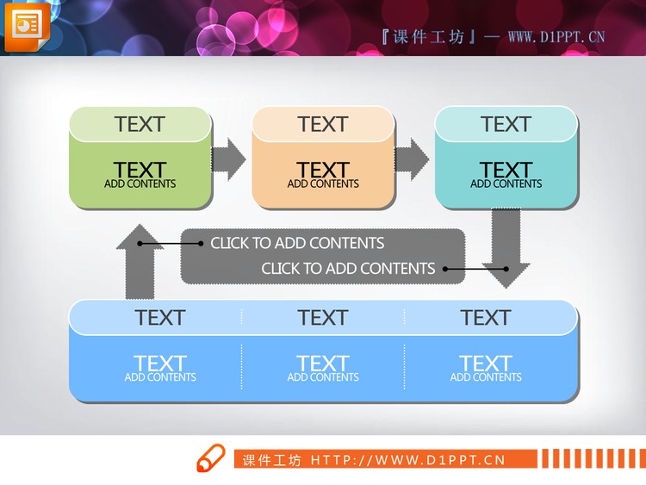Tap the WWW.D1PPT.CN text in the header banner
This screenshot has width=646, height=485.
point(556,37)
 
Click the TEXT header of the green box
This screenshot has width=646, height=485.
point(140,124)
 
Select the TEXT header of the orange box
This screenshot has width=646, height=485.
point(323,124)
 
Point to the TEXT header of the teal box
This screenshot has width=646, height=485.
point(506,124)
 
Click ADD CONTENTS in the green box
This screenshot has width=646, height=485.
point(140,183)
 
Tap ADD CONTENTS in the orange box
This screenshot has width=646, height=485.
point(323,183)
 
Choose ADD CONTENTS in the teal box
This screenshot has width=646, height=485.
point(506,183)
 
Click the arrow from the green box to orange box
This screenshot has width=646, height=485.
point(228,159)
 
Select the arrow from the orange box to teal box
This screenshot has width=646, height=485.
point(412,159)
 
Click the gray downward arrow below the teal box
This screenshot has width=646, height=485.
point(506,247)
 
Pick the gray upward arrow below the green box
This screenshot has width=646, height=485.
point(140,262)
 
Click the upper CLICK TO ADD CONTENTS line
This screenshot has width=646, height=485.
point(297,243)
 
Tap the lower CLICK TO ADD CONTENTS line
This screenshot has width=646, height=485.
point(348,269)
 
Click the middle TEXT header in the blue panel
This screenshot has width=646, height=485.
point(323,318)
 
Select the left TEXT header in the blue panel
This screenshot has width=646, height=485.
point(160,318)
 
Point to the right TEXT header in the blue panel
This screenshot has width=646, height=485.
point(486,318)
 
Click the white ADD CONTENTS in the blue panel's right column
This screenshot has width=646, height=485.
point(486,377)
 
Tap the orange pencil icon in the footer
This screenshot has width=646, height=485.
point(211,457)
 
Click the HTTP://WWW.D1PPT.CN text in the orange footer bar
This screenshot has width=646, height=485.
point(408,460)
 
